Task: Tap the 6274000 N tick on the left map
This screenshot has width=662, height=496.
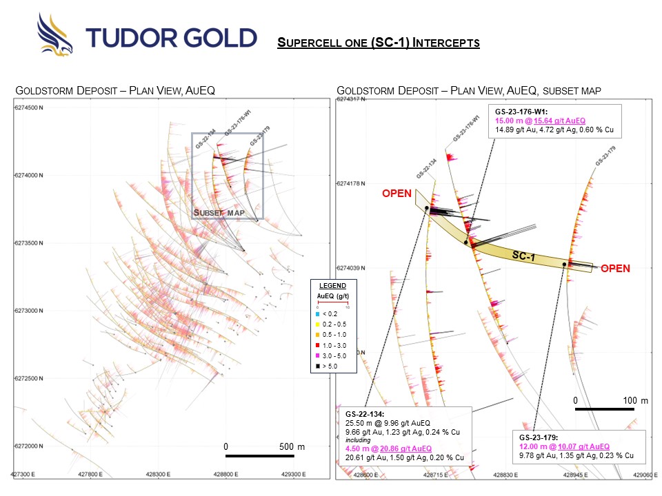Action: [x=28, y=176]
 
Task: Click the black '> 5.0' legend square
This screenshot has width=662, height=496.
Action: [x=317, y=366]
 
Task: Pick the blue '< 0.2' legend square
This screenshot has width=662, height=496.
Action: [x=317, y=313]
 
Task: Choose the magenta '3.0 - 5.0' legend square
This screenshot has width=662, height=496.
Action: [x=317, y=355]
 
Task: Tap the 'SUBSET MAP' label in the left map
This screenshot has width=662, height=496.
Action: [x=217, y=212]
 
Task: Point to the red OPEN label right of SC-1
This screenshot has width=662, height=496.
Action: [x=615, y=269]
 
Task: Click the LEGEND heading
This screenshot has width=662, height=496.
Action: [x=332, y=285]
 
